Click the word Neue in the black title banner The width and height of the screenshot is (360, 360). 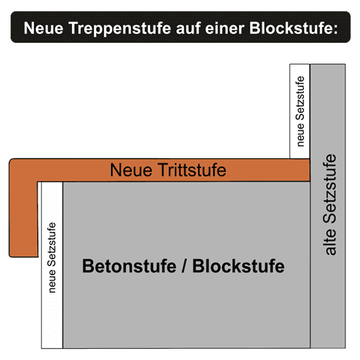(43, 28)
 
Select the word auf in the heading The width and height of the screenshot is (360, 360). (188, 28)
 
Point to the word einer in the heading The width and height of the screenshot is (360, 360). (225, 28)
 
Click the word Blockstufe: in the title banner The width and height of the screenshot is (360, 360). (293, 28)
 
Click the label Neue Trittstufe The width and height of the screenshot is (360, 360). (168, 170)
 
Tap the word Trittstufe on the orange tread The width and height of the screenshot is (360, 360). (192, 170)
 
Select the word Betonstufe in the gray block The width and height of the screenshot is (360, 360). (129, 266)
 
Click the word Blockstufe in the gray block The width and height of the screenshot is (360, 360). (238, 266)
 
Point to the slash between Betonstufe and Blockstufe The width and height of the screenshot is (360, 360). (184, 266)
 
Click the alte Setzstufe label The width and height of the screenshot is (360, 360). (329, 205)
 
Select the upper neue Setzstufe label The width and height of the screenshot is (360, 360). (300, 112)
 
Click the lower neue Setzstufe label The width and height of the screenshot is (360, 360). (52, 257)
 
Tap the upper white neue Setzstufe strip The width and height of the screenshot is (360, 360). (300, 111)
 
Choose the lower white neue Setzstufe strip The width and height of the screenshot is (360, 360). (52, 265)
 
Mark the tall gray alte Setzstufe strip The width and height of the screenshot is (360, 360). (328, 206)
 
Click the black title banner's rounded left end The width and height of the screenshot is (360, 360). (13, 27)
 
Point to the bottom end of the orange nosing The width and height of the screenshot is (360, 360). (23, 256)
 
